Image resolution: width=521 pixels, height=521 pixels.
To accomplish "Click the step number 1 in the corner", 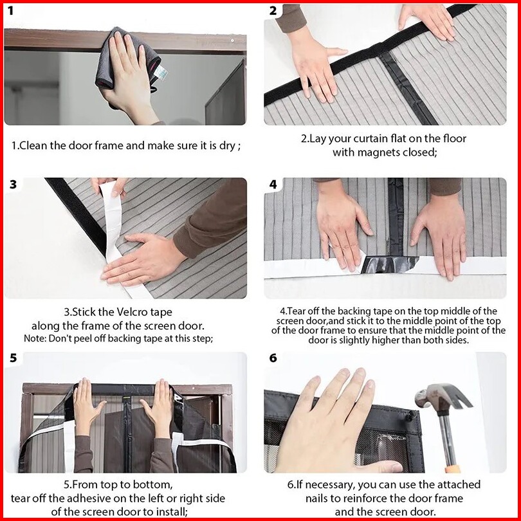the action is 11,11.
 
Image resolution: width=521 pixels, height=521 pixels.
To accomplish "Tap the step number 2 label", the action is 273,11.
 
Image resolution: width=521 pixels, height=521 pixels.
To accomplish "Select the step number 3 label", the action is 13,185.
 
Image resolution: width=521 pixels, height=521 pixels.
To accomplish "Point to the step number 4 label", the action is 273,185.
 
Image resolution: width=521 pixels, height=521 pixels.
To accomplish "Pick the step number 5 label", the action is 13,358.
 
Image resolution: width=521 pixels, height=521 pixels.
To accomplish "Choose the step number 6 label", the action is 273,358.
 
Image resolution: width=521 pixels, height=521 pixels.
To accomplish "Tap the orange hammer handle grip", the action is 453,469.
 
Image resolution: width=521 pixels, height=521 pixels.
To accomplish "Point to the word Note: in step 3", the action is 35,338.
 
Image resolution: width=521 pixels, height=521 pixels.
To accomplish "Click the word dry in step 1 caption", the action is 227,146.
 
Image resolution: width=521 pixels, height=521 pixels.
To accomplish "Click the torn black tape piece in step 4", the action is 389,264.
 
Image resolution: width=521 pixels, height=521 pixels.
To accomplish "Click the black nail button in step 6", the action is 410,415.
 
